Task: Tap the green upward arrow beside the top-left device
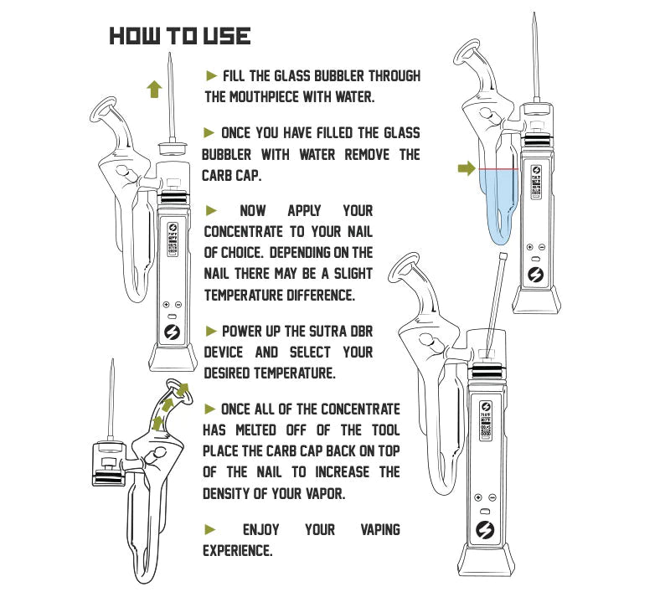(x=153, y=89)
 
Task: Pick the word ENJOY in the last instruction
(x=260, y=530)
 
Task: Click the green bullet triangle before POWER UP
(x=210, y=332)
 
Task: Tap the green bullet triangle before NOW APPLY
(x=211, y=210)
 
